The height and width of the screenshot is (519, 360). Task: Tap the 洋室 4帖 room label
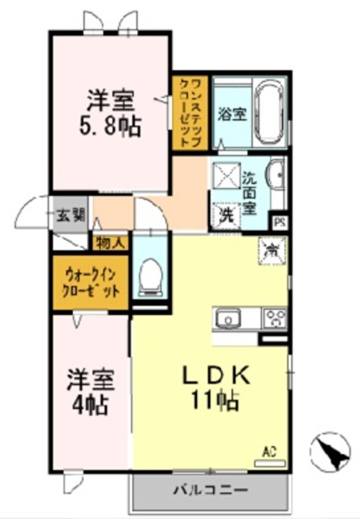(89, 389)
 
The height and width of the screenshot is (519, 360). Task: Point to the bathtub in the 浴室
(265, 114)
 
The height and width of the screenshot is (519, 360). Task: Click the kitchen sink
(229, 318)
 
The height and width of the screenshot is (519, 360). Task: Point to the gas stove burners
(274, 318)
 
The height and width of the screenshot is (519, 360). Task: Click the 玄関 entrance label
(71, 216)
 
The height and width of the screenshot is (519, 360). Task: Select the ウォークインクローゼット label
(90, 283)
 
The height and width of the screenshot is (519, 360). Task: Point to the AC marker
(270, 451)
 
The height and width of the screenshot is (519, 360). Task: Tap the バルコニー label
(209, 489)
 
